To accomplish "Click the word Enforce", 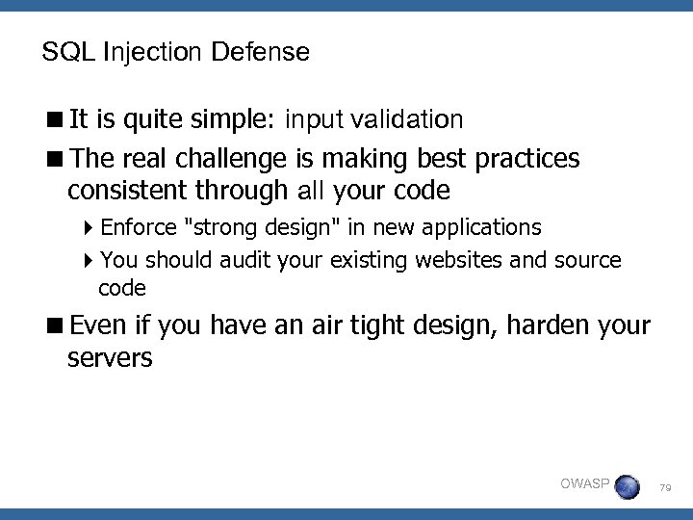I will point(139,227).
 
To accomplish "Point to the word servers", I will point(110,360).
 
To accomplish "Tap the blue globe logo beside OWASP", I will point(627,486).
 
